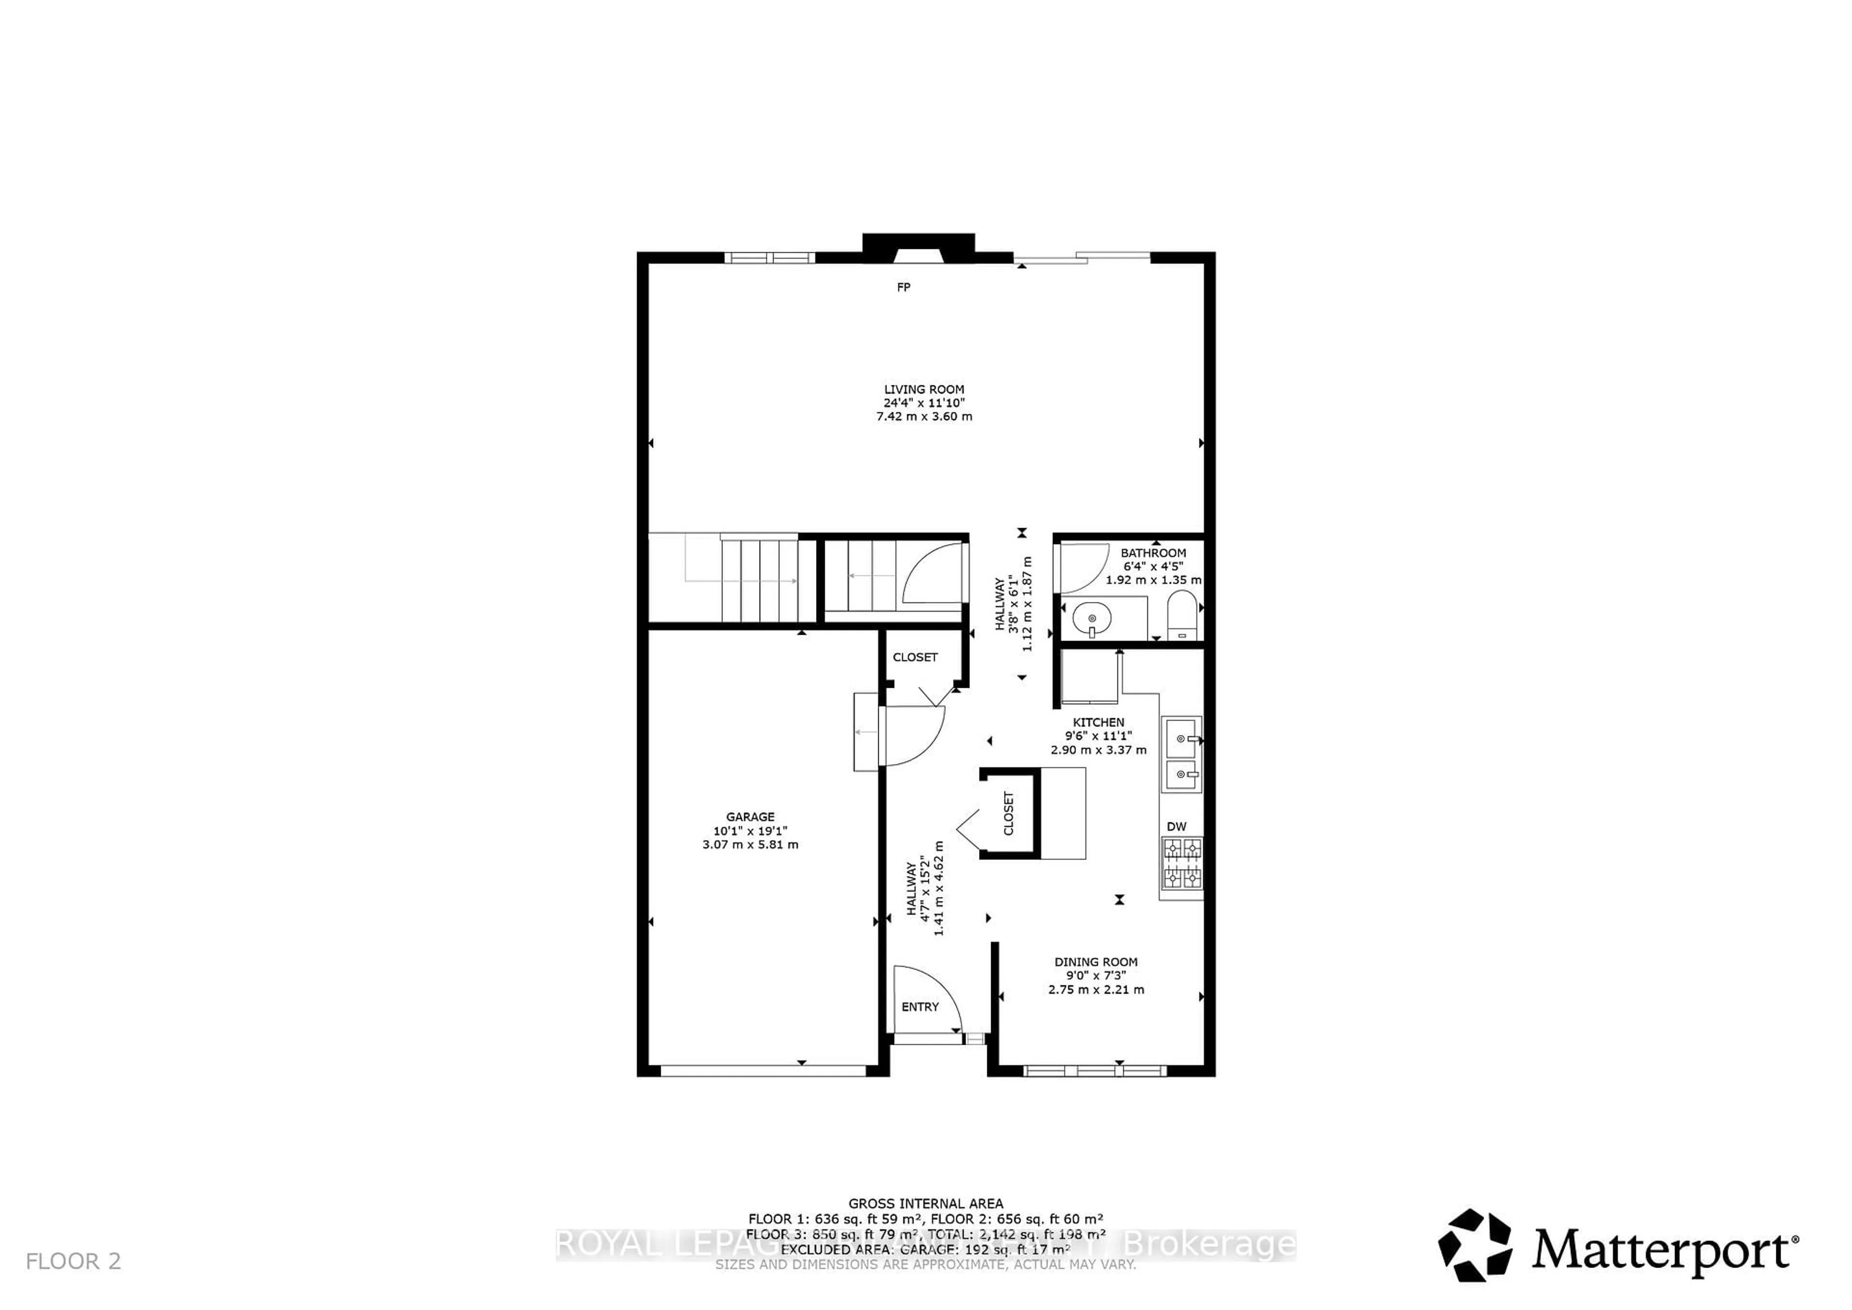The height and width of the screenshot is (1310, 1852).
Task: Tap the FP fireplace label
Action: pos(903,287)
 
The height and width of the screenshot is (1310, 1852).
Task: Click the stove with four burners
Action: pos(1182,863)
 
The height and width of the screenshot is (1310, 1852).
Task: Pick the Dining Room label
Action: pos(1096,962)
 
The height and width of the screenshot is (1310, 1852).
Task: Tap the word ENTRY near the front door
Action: pos(920,1007)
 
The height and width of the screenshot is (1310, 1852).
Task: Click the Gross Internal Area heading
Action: pos(925,1203)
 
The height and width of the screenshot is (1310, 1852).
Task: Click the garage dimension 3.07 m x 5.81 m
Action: pos(750,845)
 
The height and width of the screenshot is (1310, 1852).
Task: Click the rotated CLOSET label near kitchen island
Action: pos(1008,813)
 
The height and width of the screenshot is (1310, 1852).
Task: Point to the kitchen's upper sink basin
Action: pos(1182,737)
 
